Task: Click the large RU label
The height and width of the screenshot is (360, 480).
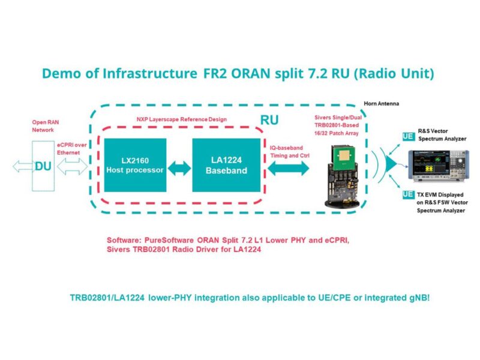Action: pos(269,119)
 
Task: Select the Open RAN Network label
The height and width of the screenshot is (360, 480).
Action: pos(44,126)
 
